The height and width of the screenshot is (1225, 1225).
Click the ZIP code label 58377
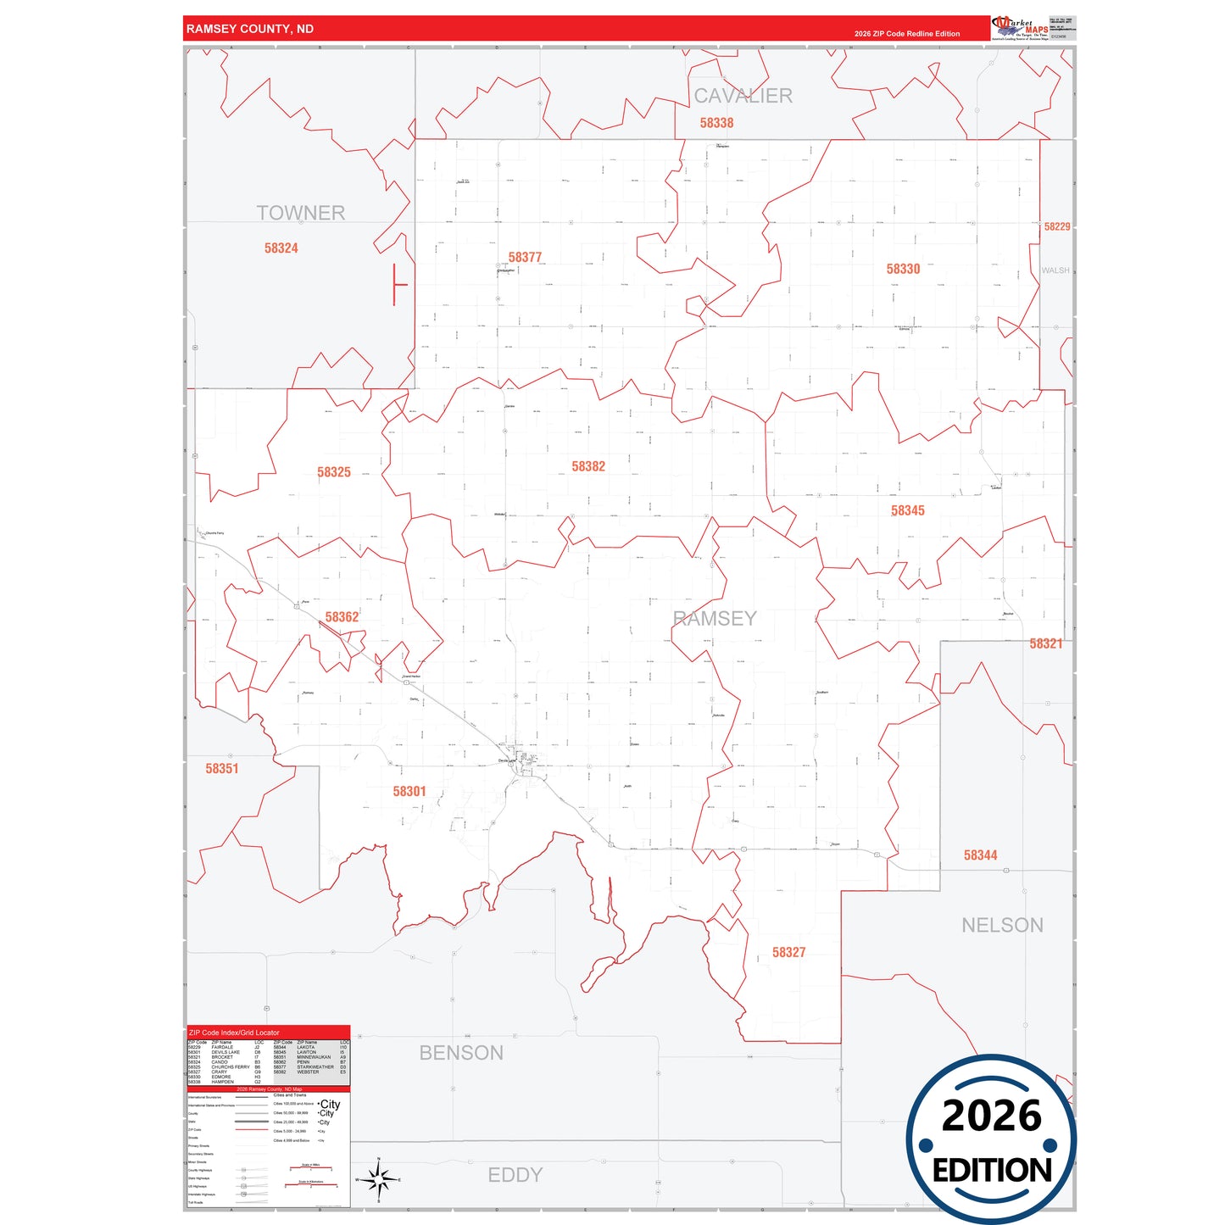pyautogui.click(x=525, y=257)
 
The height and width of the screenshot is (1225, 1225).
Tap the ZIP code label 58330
pyautogui.click(x=903, y=269)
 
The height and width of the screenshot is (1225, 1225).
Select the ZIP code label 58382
pyautogui.click(x=588, y=466)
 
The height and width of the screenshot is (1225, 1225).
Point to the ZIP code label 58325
pyautogui.click(x=333, y=472)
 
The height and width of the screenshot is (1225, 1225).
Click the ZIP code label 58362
pyautogui.click(x=342, y=617)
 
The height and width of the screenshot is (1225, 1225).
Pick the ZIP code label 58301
pyautogui.click(x=409, y=791)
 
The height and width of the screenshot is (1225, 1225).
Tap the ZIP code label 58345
pyautogui.click(x=907, y=510)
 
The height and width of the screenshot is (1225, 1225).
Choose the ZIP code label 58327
pyautogui.click(x=788, y=952)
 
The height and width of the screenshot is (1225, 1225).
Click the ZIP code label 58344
pyautogui.click(x=980, y=855)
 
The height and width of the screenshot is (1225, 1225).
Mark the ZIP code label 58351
pyautogui.click(x=222, y=768)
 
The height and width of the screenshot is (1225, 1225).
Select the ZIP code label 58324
pyautogui.click(x=281, y=248)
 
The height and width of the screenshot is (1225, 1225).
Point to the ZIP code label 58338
pyautogui.click(x=716, y=123)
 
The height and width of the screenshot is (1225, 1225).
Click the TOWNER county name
pyautogui.click(x=301, y=213)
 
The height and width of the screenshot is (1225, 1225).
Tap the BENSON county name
pyautogui.click(x=461, y=1053)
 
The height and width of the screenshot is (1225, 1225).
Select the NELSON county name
pyautogui.click(x=1002, y=925)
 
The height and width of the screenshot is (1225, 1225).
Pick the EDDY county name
pyautogui.click(x=515, y=1175)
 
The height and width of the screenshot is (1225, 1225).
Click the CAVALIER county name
pyautogui.click(x=743, y=96)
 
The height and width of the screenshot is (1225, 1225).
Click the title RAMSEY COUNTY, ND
pyautogui.click(x=250, y=29)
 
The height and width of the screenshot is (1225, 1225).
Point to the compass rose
pyautogui.click(x=378, y=1179)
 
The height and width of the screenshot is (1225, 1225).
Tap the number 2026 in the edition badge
pyautogui.click(x=991, y=1116)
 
